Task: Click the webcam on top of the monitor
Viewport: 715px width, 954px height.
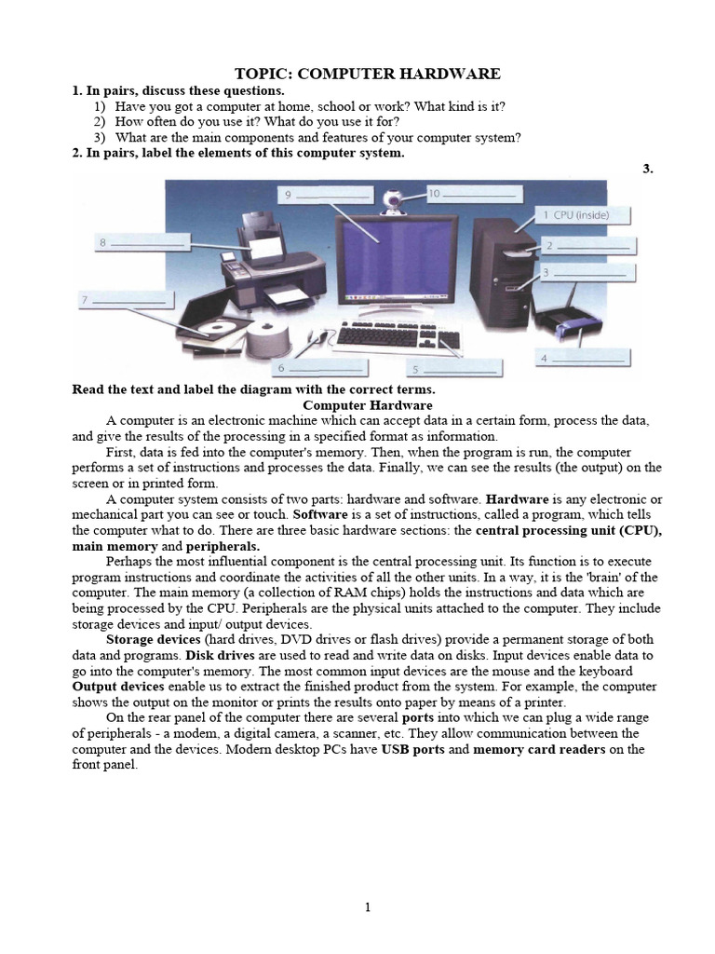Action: (x=391, y=198)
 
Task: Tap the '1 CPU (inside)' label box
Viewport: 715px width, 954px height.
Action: (x=585, y=216)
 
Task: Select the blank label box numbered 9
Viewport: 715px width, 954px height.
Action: (x=321, y=194)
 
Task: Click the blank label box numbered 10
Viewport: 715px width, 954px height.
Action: (x=474, y=194)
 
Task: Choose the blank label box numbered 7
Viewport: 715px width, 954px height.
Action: (x=124, y=300)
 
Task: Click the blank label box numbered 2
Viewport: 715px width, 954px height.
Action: (x=589, y=246)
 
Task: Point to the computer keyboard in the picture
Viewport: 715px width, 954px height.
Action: (x=392, y=337)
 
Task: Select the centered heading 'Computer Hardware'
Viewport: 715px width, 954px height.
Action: (x=368, y=406)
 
